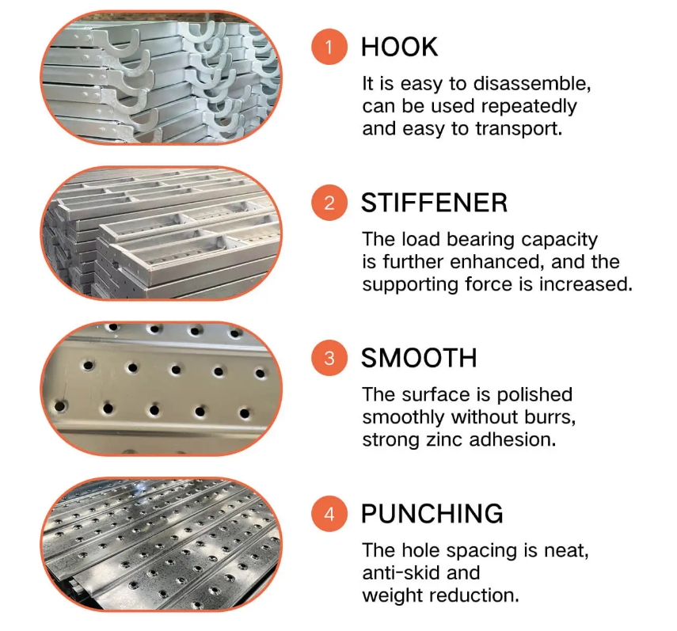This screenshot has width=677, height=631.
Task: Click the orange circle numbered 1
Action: [329, 47]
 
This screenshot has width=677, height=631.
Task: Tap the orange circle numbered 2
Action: [329, 203]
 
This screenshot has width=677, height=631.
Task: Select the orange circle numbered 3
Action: [329, 358]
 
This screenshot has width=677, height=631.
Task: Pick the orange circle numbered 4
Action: [329, 514]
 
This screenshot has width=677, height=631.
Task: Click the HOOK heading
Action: [399, 47]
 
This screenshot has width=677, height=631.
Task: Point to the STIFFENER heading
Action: [434, 203]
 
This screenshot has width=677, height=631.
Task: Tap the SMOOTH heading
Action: [419, 358]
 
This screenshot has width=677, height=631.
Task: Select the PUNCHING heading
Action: [432, 514]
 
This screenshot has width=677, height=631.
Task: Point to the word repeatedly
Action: [529, 107]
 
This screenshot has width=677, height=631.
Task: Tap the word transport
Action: [519, 128]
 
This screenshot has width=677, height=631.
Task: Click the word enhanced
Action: [497, 261]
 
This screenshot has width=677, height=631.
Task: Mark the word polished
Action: [534, 395]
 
